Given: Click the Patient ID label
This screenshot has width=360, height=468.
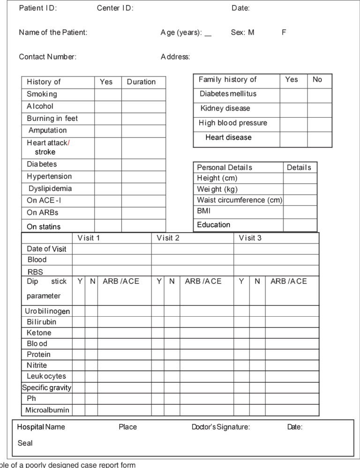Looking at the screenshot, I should click(38, 8).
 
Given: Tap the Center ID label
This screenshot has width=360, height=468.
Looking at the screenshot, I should click(115, 8).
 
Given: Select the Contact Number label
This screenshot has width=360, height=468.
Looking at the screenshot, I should click(47, 57).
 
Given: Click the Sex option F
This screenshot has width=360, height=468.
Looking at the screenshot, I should click(284, 32).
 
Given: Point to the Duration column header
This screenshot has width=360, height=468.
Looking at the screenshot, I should click(141, 82).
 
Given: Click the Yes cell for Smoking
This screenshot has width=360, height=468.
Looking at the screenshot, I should click(108, 94).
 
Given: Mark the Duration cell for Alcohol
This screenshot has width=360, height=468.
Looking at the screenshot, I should click(144, 106).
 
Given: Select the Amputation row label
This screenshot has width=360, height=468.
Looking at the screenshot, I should click(47, 130).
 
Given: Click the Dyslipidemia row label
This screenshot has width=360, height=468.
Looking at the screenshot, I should click(50, 189).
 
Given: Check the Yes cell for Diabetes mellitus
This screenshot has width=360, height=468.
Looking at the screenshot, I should click(293, 95).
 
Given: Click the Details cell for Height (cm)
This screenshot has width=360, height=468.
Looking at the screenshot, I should click(300, 178).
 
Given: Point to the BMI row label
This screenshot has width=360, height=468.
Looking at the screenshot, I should click(204, 211).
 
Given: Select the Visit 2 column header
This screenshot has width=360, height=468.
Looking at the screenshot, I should click(168, 238).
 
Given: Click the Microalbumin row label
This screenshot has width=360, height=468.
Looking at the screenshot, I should click(47, 410).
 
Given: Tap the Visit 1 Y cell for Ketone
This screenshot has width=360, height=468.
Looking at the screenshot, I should click(79, 333).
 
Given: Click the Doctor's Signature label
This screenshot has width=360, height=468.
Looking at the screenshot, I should click(221, 427).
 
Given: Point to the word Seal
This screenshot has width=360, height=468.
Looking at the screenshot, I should click(25, 443).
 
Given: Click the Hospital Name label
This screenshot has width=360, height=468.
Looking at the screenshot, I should click(41, 427).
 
